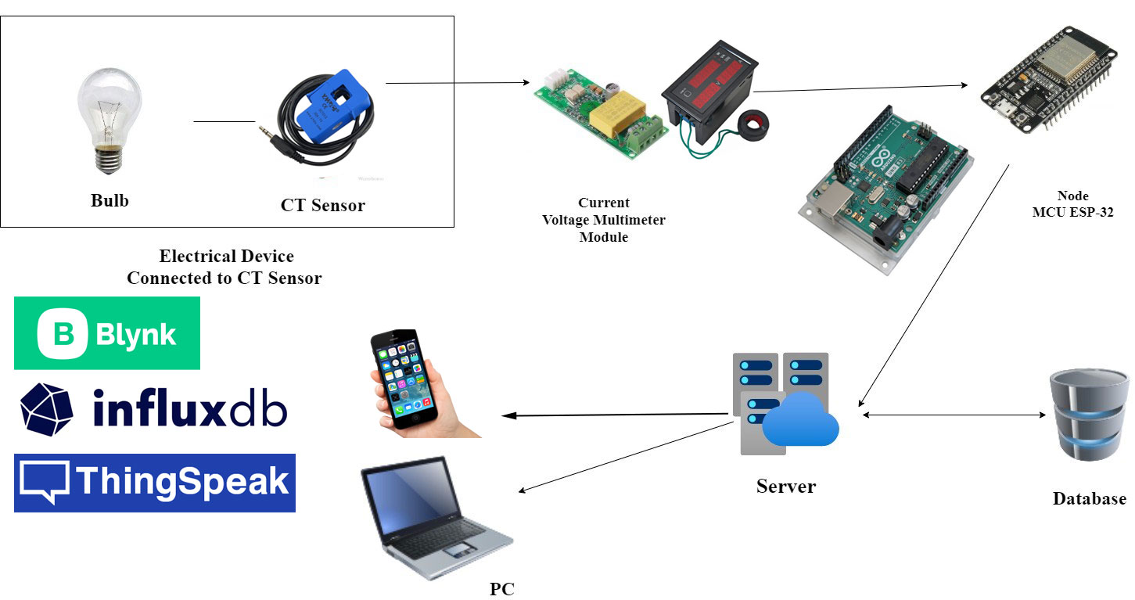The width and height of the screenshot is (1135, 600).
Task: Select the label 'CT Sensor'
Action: tap(322, 206)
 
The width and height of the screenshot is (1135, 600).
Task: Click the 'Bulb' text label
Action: tap(110, 200)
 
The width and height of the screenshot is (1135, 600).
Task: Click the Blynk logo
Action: tap(107, 333)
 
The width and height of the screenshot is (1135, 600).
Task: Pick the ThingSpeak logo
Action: tap(155, 483)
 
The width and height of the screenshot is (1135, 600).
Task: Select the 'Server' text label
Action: tap(785, 487)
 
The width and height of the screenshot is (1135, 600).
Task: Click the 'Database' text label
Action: tap(1089, 499)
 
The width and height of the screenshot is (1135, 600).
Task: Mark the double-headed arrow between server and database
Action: tap(954, 415)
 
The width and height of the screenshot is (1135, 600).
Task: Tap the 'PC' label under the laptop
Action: tap(501, 589)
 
